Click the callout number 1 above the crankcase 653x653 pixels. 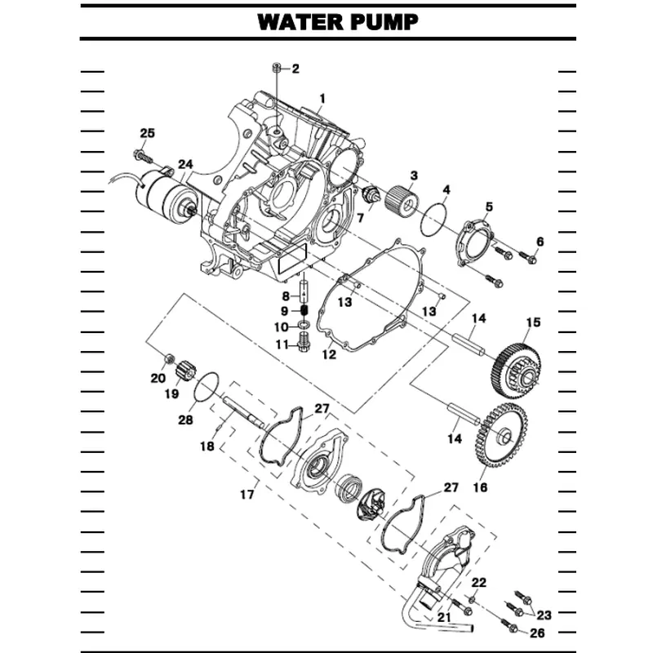point(322,99)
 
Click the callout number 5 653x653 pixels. point(488,206)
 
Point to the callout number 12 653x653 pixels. point(329,354)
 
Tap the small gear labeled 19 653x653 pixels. point(182,371)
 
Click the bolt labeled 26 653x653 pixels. point(512,627)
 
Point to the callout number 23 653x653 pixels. point(544,615)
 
